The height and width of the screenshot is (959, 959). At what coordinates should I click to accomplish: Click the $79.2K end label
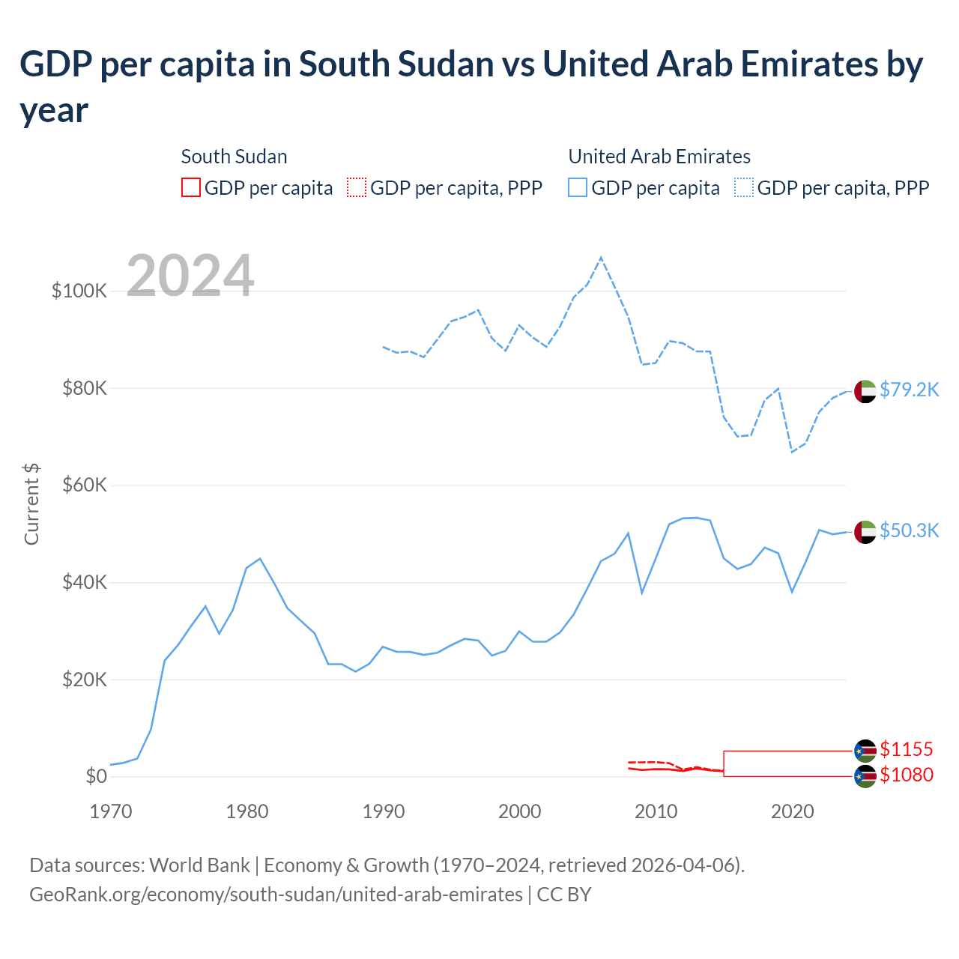(909, 390)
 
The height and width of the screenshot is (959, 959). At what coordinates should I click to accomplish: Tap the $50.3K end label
(909, 531)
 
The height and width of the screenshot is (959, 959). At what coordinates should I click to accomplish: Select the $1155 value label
(906, 749)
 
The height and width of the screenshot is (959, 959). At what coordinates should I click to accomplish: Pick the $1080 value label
(906, 775)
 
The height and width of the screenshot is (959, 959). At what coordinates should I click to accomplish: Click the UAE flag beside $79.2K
(865, 391)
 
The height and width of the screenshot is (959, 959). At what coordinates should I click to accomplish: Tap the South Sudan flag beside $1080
(865, 776)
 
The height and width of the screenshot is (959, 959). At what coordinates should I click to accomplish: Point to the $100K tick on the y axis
(79, 291)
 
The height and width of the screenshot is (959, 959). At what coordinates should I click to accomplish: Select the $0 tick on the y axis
(96, 777)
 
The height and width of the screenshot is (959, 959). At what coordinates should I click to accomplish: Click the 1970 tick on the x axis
(111, 811)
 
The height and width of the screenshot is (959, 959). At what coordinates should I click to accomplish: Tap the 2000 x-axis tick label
(519, 811)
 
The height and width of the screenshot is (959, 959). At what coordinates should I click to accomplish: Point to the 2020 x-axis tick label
(792, 811)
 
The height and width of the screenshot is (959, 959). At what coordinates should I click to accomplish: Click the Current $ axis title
(31, 503)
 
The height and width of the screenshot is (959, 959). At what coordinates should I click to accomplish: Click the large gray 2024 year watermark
(190, 276)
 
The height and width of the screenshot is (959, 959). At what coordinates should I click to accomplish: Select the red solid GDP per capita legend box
(191, 187)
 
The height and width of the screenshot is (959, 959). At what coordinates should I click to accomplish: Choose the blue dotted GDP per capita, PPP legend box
(744, 187)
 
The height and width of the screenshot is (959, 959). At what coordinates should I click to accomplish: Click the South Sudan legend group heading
(234, 157)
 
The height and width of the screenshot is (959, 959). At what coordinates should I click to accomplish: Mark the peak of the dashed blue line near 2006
(601, 258)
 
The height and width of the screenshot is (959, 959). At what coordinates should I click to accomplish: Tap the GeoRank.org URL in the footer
(276, 895)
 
